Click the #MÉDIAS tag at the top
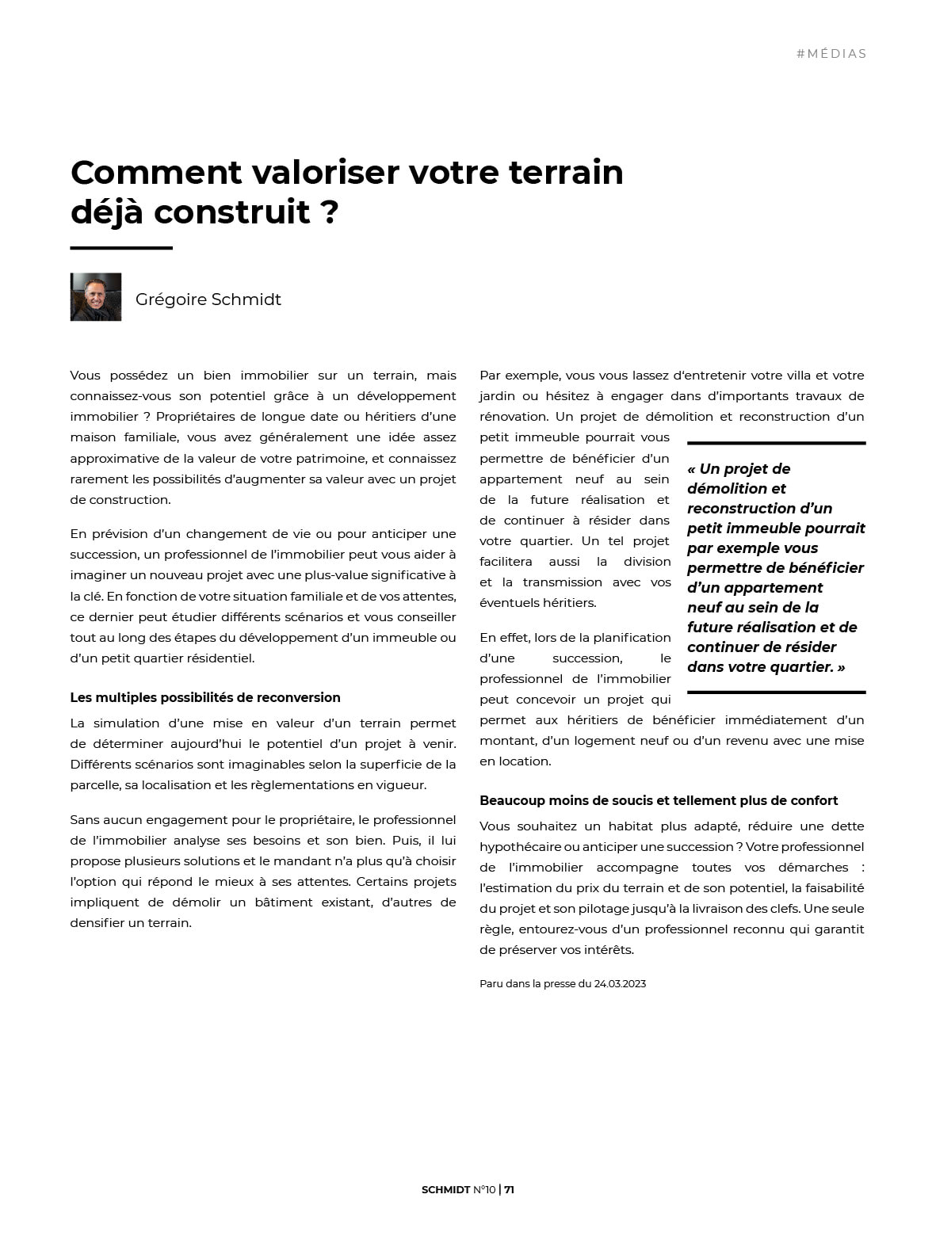[831, 54]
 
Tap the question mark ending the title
[330, 212]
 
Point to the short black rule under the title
[121, 248]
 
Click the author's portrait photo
[96, 297]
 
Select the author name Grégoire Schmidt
[208, 300]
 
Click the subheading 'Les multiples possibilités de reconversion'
[205, 697]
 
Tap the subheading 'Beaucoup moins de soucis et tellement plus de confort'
[659, 800]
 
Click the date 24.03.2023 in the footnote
[620, 984]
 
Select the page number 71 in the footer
[510, 1189]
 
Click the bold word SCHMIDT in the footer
[445, 1189]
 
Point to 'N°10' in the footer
[484, 1189]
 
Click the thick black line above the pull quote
[776, 443]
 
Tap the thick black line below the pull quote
[776, 692]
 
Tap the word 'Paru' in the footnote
[492, 984]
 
